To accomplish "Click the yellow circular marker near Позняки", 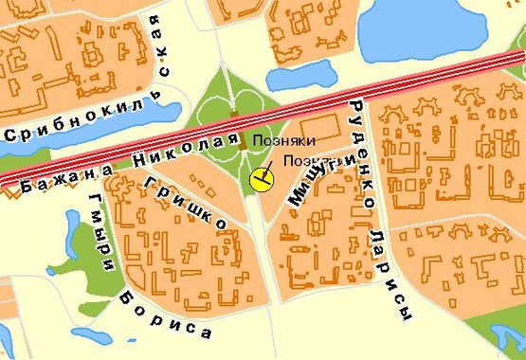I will coord(260,177).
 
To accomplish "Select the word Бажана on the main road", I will coord(62,175).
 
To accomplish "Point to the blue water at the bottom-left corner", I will coord(5,341).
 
